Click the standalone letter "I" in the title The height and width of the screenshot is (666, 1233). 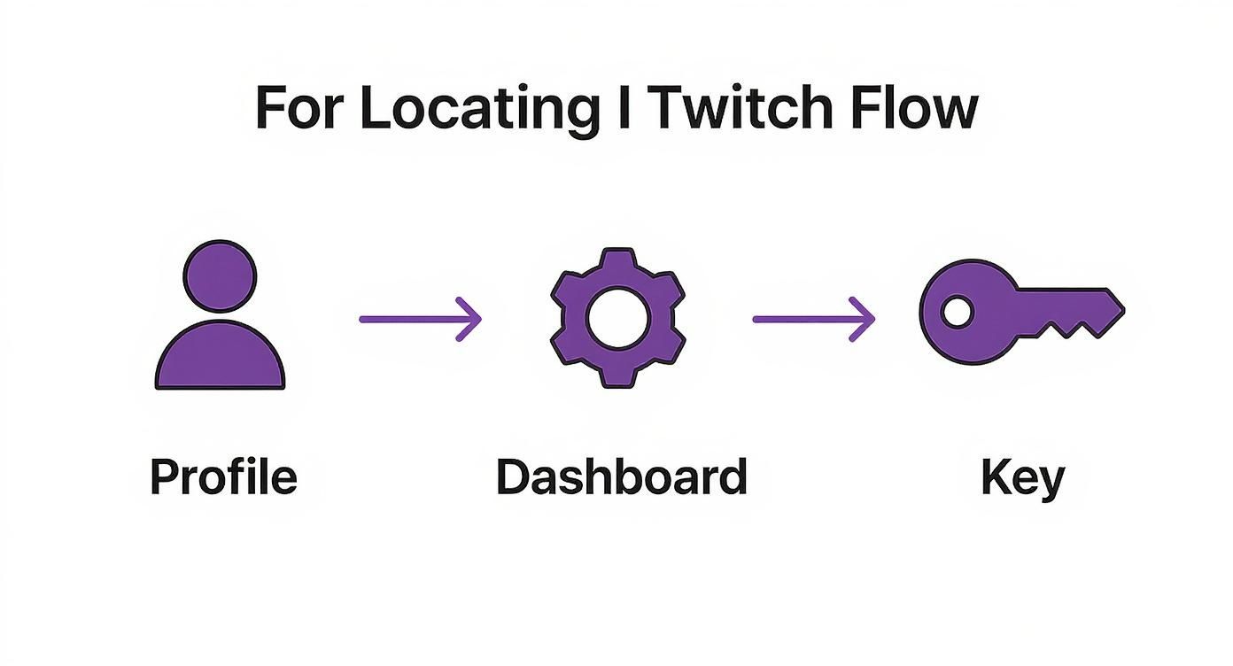(x=625, y=109)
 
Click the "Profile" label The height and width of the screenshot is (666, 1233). (x=223, y=476)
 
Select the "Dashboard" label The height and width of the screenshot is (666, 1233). (x=621, y=476)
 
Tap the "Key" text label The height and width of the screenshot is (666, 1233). (x=1022, y=478)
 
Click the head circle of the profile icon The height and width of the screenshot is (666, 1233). (x=220, y=277)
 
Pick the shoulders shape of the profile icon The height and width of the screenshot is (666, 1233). (x=220, y=359)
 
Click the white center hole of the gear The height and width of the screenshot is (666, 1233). (x=618, y=318)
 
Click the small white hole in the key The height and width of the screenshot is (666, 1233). (x=956, y=312)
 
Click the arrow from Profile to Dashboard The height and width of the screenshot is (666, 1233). (x=420, y=318)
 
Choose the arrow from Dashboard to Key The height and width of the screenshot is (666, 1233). (x=813, y=318)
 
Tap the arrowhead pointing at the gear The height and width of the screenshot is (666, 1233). (x=469, y=318)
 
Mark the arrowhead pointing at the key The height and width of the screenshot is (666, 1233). (x=863, y=318)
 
